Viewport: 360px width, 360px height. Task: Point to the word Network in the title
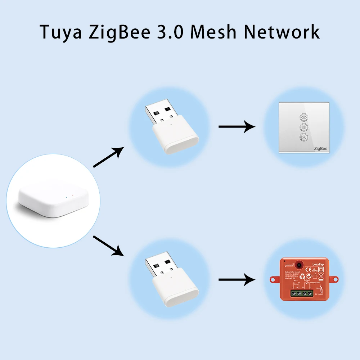pos(282,32)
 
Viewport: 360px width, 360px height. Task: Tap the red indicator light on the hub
pos(73,195)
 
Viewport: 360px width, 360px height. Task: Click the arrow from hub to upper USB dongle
pos(108,157)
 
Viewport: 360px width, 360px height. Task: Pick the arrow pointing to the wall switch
pos(237,126)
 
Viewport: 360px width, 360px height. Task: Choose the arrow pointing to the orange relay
pos(237,279)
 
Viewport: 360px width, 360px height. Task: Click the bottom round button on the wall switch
pos(303,137)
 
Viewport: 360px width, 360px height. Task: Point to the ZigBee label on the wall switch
pos(320,148)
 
